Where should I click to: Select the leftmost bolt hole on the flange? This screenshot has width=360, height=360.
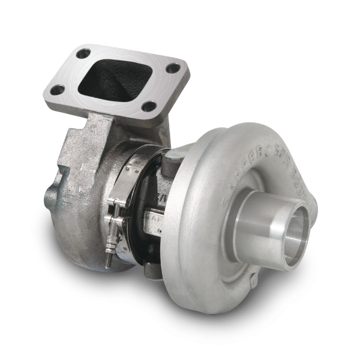point(58,90)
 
